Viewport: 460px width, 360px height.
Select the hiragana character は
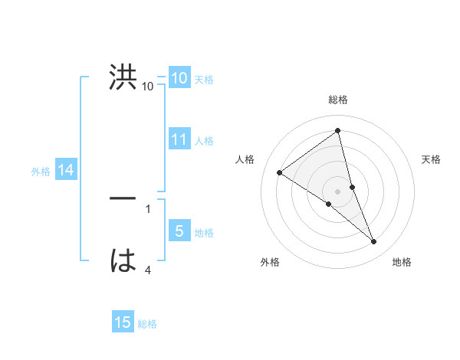tap(124, 261)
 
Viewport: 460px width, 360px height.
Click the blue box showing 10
tap(179, 78)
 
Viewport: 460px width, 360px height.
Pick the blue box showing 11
tap(179, 139)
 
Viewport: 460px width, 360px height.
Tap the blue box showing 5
tap(179, 231)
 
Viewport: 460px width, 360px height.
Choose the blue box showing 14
tap(66, 171)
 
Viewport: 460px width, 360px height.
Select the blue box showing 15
tap(123, 322)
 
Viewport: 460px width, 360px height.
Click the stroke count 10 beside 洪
tap(148, 87)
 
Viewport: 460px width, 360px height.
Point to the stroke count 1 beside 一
tap(148, 208)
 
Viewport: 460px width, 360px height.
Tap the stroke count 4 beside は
tap(148, 270)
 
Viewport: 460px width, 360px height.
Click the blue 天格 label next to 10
tap(204, 80)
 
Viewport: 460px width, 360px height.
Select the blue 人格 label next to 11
tap(204, 141)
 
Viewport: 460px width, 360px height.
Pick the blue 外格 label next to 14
tap(41, 172)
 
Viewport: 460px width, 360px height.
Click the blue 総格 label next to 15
tap(147, 324)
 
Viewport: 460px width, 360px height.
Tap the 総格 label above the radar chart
tap(338, 100)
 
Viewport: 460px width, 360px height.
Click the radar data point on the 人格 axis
tap(279, 172)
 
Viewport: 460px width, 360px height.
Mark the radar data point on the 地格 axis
tap(374, 242)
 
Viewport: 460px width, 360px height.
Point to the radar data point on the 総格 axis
tap(338, 130)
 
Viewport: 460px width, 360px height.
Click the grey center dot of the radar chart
tap(338, 191)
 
